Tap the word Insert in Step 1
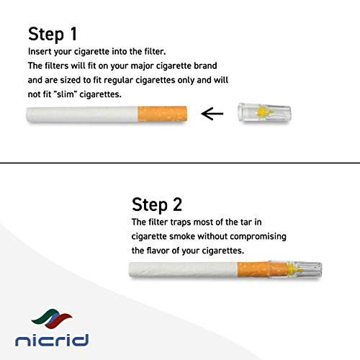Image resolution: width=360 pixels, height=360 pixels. point(41,53)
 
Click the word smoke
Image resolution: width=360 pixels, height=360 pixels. point(194,236)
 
